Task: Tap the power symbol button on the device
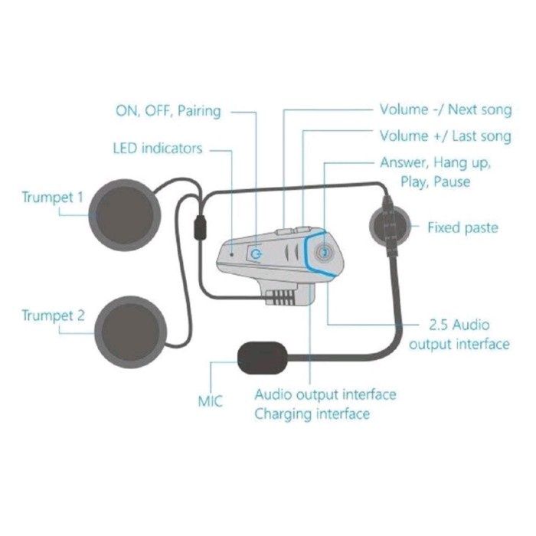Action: (x=256, y=253)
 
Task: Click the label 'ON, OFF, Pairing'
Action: (x=168, y=111)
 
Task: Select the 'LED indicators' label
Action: (x=158, y=147)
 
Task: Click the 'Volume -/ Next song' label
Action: (x=445, y=109)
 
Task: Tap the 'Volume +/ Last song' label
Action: (x=445, y=136)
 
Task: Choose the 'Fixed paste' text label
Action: (x=462, y=227)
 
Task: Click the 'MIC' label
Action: (x=211, y=400)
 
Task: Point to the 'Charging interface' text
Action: (x=312, y=414)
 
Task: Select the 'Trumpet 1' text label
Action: (x=52, y=198)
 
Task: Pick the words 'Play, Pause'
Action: (x=435, y=182)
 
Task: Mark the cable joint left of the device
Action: (x=201, y=228)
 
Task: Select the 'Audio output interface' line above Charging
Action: (x=325, y=395)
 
